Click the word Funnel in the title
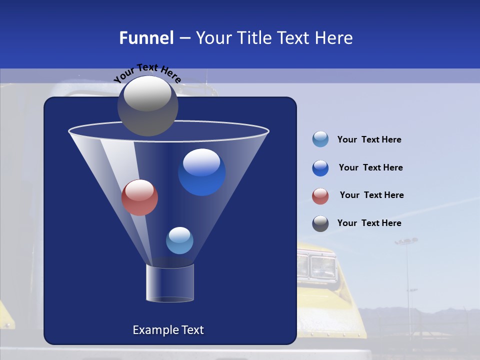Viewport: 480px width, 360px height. pyautogui.click(x=146, y=38)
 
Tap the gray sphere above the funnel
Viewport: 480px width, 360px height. pyautogui.click(x=147, y=105)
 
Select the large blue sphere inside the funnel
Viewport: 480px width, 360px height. pyautogui.click(x=201, y=172)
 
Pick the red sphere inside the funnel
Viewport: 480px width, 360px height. pyautogui.click(x=139, y=197)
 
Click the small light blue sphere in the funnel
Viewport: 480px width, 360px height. pyautogui.click(x=179, y=240)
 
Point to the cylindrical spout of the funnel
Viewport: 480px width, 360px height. pyautogui.click(x=169, y=283)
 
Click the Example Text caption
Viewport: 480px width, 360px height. pyautogui.click(x=168, y=330)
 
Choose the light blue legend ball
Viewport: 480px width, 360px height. pyautogui.click(x=320, y=139)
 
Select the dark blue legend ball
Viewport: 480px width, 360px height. pyautogui.click(x=320, y=168)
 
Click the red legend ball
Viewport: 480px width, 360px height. pyautogui.click(x=320, y=196)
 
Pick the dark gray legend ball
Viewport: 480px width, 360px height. pyautogui.click(x=320, y=223)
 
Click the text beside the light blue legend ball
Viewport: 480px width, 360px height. pyautogui.click(x=369, y=140)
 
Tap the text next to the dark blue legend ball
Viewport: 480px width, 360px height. pyautogui.click(x=370, y=168)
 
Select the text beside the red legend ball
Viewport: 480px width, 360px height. pyautogui.click(x=371, y=195)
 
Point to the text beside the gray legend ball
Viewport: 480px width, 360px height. pyautogui.click(x=369, y=223)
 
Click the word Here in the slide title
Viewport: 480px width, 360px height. pyautogui.click(x=333, y=38)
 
